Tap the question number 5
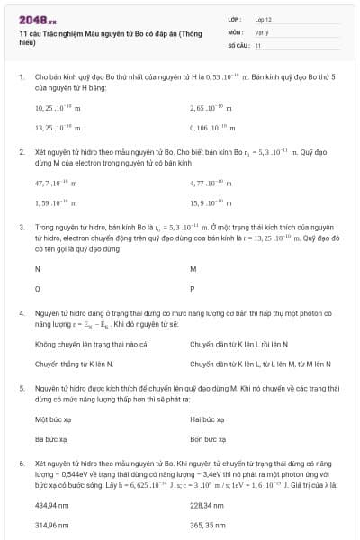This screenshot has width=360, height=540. [x=21, y=388]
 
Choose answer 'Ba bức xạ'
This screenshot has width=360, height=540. [x=51, y=439]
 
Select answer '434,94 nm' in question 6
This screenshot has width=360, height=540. [x=52, y=504]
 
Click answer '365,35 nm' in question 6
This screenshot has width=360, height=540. [x=209, y=524]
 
